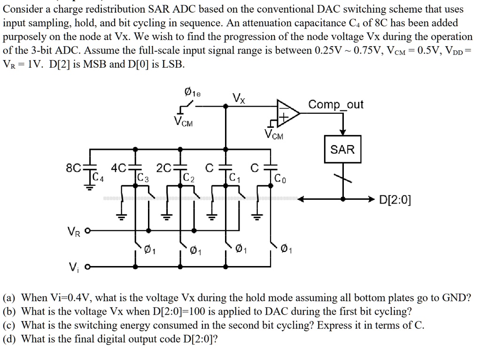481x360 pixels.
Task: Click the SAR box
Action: [342, 149]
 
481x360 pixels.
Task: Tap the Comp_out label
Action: [336, 104]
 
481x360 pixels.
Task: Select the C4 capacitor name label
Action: [98, 177]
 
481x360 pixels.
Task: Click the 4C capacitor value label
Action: [118, 168]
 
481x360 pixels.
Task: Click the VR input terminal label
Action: [73, 231]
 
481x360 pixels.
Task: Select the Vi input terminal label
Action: [74, 268]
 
